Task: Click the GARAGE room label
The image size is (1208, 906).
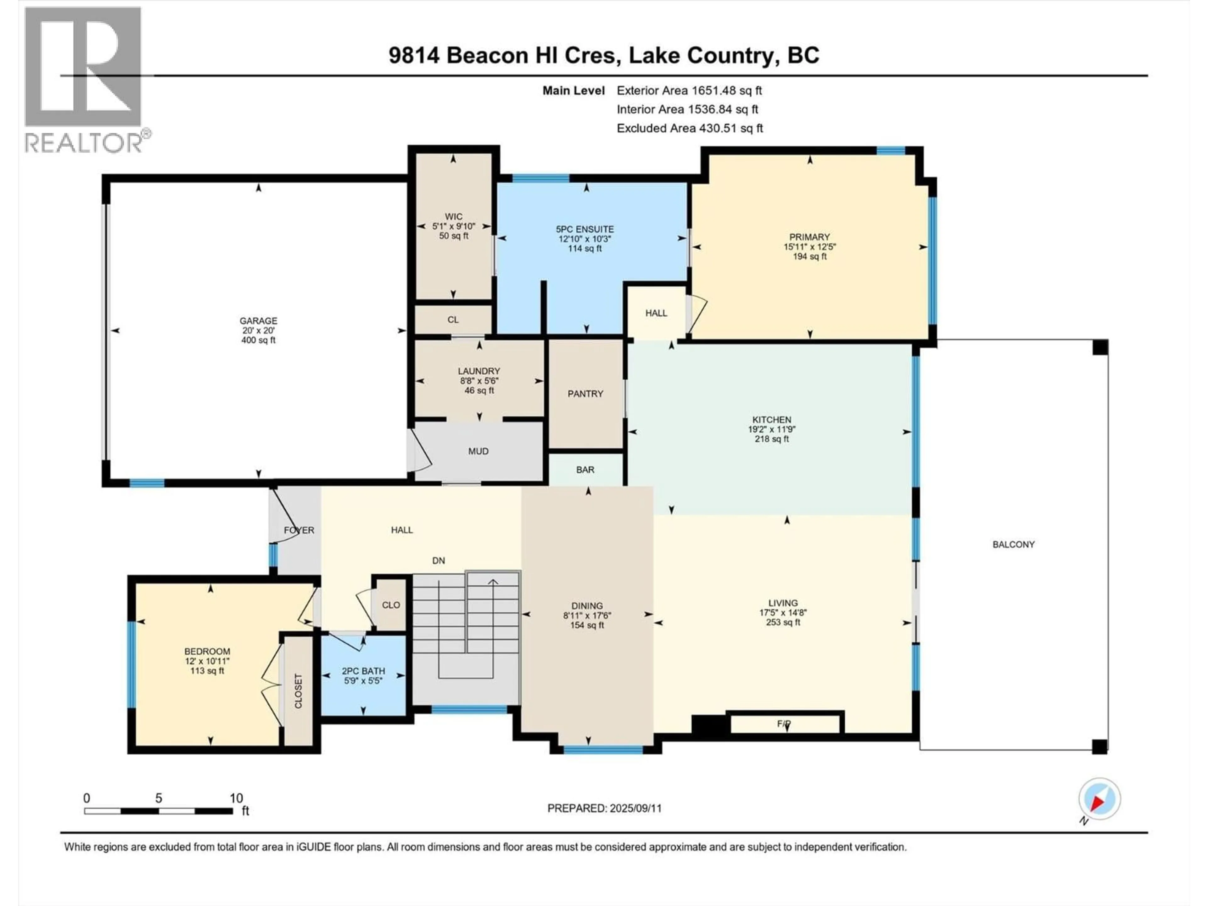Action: click(258, 321)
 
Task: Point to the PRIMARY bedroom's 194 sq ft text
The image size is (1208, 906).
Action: click(809, 256)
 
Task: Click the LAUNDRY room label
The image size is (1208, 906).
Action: click(479, 371)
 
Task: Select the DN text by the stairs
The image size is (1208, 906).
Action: click(439, 560)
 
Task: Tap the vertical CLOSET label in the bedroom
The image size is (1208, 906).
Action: click(298, 691)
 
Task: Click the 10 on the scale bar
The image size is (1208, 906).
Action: click(236, 798)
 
